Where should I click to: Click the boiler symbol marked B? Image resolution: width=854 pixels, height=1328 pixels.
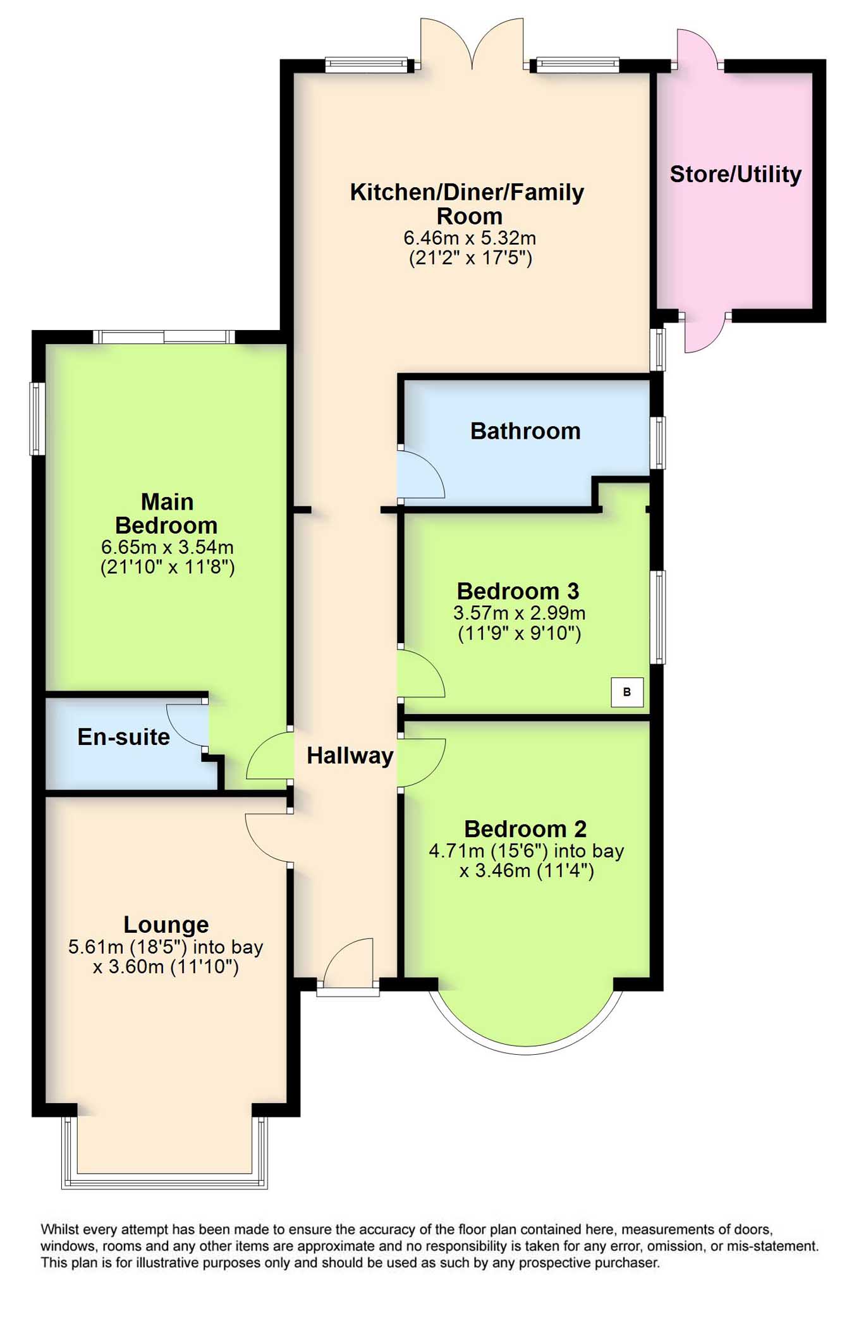627,692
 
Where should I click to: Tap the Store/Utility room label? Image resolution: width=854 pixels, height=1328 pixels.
735,174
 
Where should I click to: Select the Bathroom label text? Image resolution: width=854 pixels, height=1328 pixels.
525,431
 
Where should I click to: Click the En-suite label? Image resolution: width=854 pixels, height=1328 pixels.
124,737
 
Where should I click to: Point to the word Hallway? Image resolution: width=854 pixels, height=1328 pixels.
350,755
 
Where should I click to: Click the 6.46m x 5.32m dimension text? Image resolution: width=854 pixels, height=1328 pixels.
470,238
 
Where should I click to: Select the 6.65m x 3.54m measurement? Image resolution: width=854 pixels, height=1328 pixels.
168,546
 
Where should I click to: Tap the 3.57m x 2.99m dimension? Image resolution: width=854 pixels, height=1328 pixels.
519,613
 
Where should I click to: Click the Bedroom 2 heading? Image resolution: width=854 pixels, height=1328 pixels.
525,829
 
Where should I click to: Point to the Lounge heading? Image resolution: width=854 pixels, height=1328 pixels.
166,925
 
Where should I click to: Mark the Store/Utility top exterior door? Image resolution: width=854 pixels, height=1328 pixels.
698,47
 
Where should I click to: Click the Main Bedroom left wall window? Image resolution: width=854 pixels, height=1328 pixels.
37,418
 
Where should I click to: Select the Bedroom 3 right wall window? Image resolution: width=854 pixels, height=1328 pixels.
658,617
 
